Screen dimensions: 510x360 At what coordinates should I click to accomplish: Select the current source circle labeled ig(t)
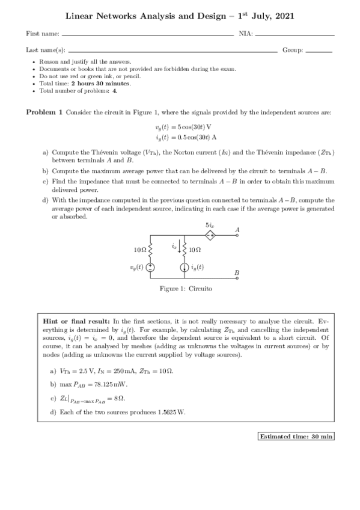coord(184,268)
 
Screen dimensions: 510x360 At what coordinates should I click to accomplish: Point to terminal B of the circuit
coord(238,278)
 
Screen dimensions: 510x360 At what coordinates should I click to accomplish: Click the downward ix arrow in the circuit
coord(178,246)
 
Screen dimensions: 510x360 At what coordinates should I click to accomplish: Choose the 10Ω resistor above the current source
coord(184,249)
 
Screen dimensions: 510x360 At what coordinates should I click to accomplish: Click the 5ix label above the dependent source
coord(209,225)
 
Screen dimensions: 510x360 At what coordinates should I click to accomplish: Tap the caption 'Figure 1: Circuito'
coord(185,289)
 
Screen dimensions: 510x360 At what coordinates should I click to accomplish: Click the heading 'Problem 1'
coord(44,112)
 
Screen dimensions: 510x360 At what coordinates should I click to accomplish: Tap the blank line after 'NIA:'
coord(294,35)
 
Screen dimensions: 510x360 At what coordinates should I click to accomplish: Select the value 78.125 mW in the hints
coord(111,383)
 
